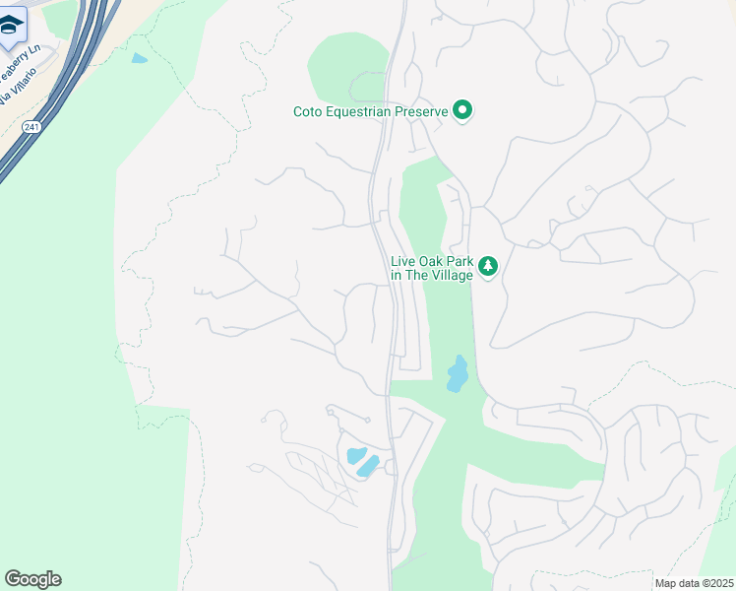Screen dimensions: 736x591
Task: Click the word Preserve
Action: point(422,111)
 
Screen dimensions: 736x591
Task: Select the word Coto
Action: point(309,111)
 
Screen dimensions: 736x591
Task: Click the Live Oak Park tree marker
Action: point(487,266)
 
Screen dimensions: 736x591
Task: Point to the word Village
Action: point(451,275)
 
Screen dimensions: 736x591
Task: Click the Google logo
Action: point(32,579)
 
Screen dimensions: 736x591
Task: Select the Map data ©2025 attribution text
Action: point(694,583)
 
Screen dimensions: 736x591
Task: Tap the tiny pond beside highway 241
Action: point(139,58)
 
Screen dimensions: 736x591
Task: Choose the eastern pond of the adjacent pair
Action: point(368,465)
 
